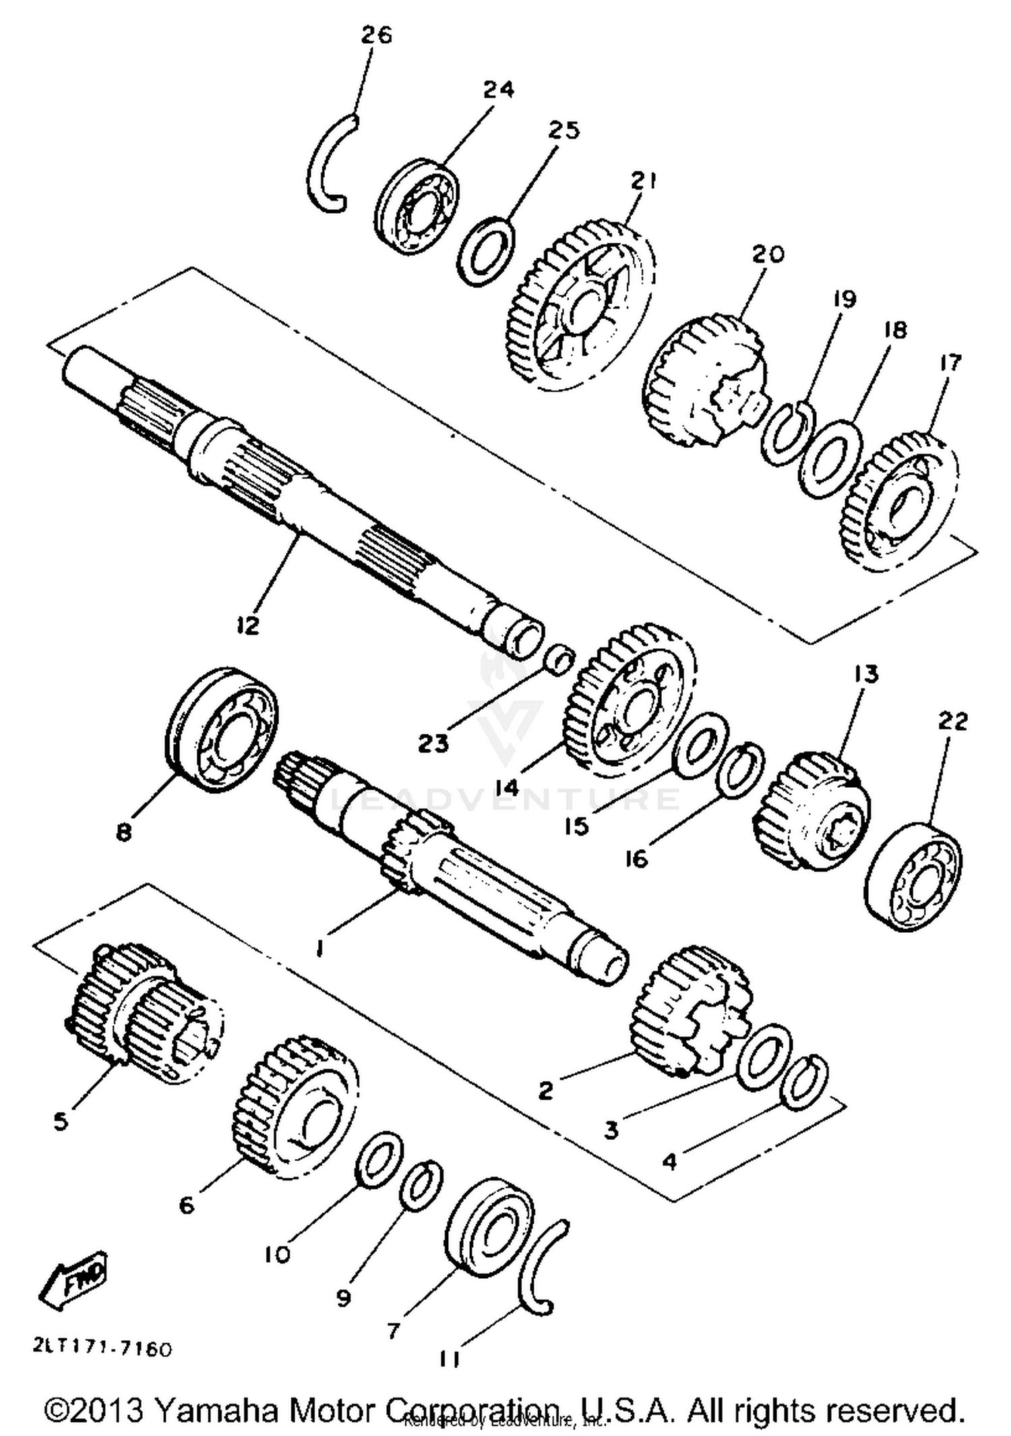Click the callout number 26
click(376, 35)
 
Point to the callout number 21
click(643, 181)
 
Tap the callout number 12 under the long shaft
click(248, 625)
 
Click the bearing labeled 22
click(913, 875)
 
